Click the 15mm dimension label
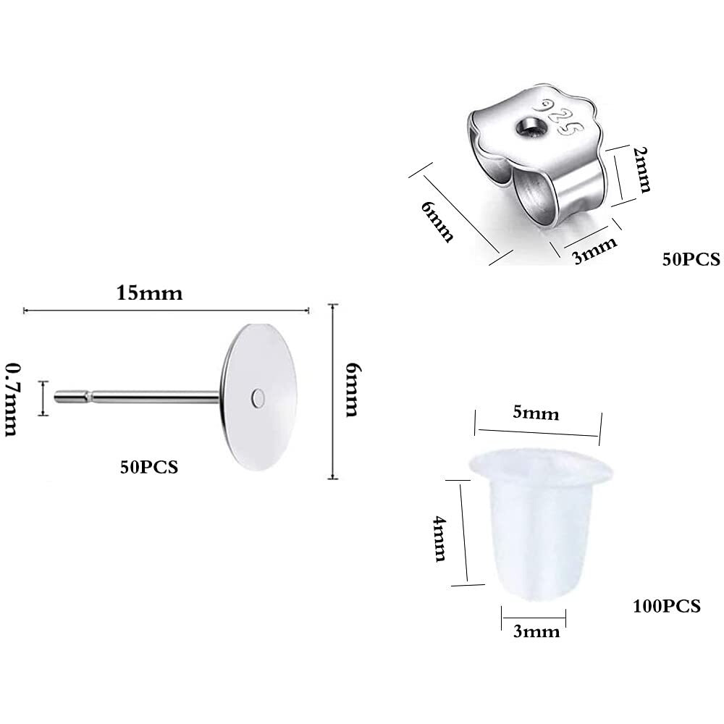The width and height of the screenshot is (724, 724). pyautogui.click(x=149, y=293)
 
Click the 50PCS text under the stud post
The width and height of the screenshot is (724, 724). pyautogui.click(x=149, y=467)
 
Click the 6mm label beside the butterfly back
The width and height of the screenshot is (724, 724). pyautogui.click(x=439, y=222)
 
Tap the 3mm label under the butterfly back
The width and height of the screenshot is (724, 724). pyautogui.click(x=595, y=251)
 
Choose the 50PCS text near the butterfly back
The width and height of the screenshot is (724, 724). pyautogui.click(x=691, y=258)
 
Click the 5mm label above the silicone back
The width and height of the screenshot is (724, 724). pyautogui.click(x=536, y=413)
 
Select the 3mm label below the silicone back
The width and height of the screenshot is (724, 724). pyautogui.click(x=536, y=631)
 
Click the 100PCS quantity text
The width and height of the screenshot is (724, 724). pyautogui.click(x=666, y=606)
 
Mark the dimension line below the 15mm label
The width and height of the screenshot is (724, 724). pyautogui.click(x=167, y=310)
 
